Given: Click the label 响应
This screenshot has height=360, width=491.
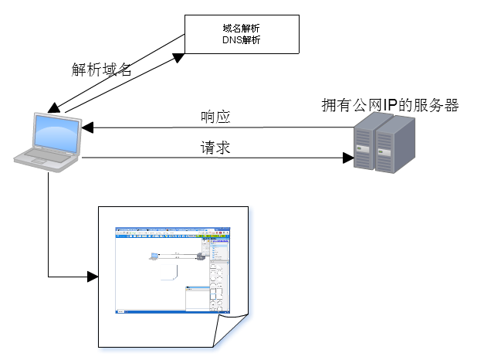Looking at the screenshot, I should [x=215, y=117].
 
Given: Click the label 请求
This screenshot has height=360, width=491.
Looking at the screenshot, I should [x=215, y=148].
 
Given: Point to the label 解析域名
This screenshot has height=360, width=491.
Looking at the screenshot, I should [x=102, y=70].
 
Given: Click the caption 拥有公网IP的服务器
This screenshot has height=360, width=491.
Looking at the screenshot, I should [x=390, y=105].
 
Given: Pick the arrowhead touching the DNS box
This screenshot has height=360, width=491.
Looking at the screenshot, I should [x=179, y=56].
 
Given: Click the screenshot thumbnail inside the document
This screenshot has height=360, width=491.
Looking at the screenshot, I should [x=172, y=270].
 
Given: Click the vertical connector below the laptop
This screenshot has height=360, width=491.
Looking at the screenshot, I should [x=48, y=224].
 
